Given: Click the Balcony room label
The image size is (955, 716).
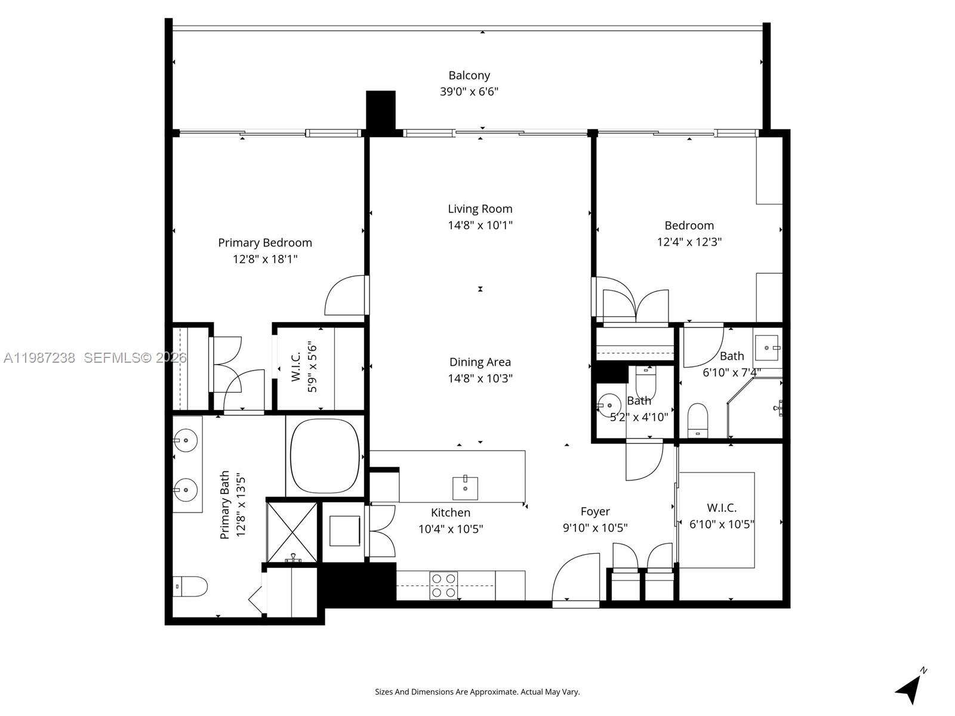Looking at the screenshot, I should pyautogui.click(x=469, y=76).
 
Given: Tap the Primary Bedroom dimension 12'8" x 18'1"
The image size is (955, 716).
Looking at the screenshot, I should pyautogui.click(x=265, y=259).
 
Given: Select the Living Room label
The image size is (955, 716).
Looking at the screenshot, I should pyautogui.click(x=480, y=209).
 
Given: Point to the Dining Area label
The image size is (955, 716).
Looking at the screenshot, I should pyautogui.click(x=480, y=362).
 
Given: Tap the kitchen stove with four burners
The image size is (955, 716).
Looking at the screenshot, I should pyautogui.click(x=443, y=585).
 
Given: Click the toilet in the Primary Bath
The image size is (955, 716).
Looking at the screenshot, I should pyautogui.click(x=189, y=586).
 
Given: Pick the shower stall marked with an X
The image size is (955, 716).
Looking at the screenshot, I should pyautogui.click(x=292, y=531).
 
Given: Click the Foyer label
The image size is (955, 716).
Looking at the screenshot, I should pyautogui.click(x=595, y=511).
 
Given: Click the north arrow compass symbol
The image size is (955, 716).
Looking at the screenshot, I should pyautogui.click(x=910, y=689).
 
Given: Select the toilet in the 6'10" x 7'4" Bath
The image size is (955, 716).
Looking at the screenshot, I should pyautogui.click(x=697, y=420).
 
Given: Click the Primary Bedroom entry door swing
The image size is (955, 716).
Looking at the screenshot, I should pyautogui.click(x=346, y=295).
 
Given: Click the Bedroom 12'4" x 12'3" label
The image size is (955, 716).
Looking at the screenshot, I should pyautogui.click(x=689, y=226).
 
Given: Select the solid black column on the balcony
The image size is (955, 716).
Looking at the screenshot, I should pyautogui.click(x=380, y=110).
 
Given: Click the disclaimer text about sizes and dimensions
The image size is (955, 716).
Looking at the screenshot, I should pyautogui.click(x=477, y=692).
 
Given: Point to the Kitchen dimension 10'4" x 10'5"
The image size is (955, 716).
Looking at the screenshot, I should pyautogui.click(x=450, y=529).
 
